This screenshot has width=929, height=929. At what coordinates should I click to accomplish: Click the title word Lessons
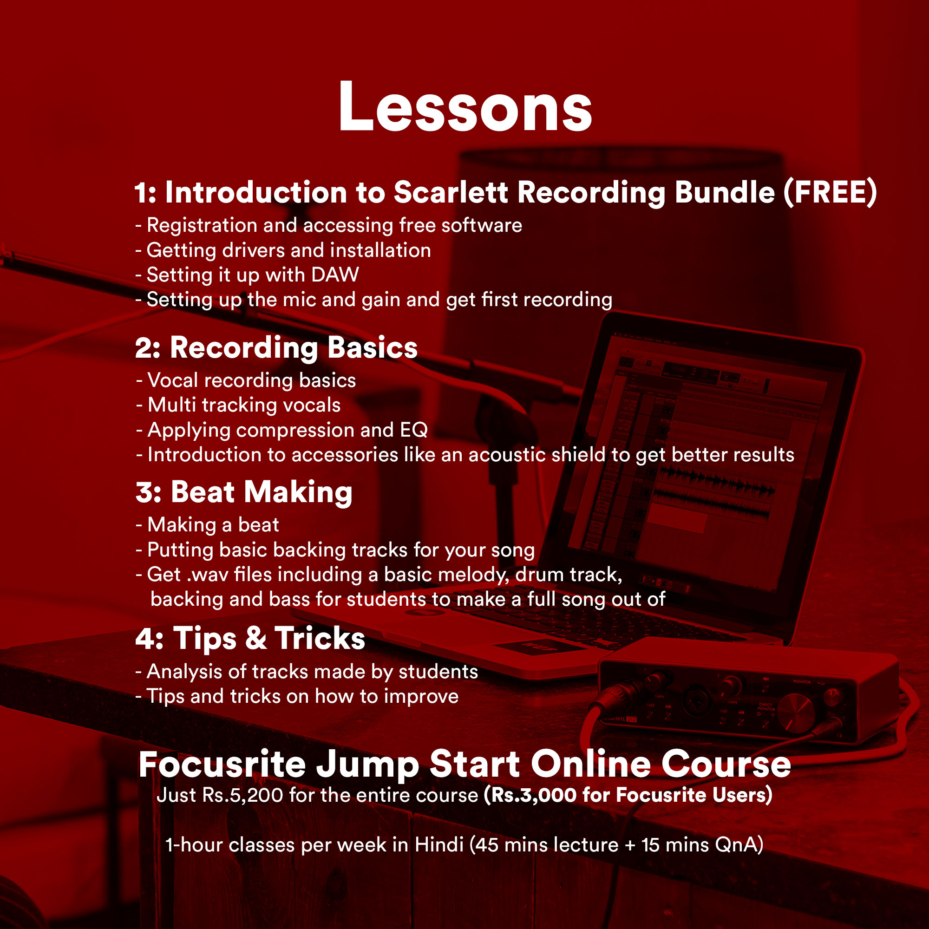[465, 106]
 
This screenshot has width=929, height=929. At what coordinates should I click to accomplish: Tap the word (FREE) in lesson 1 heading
[830, 192]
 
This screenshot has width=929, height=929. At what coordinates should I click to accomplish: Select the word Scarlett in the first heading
[451, 192]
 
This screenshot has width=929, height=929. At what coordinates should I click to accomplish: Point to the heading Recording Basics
[294, 347]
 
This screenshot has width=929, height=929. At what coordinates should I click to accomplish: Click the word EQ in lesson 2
[414, 430]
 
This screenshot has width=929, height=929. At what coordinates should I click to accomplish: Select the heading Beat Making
[262, 492]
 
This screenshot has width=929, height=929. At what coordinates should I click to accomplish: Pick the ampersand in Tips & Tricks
[256, 639]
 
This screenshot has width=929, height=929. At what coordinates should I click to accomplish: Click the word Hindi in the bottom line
[439, 845]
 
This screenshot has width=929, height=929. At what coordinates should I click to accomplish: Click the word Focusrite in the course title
[222, 764]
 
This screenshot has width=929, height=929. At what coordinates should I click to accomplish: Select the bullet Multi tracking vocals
[238, 405]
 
